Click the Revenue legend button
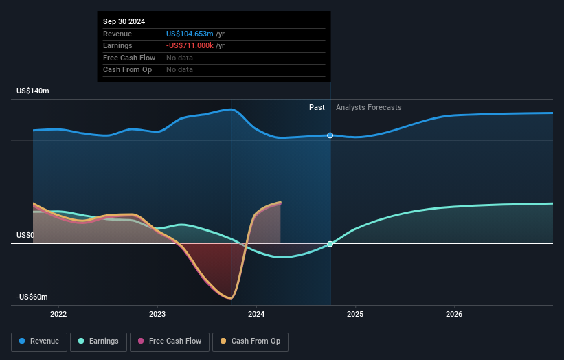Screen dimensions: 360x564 pyautogui.click(x=38, y=341)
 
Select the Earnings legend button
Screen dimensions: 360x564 pyautogui.click(x=97, y=341)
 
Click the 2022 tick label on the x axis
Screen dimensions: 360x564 pyautogui.click(x=58, y=315)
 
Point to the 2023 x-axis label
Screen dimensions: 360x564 pyautogui.click(x=157, y=315)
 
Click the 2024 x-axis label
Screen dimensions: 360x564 pyautogui.click(x=256, y=315)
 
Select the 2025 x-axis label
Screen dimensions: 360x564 pyautogui.click(x=355, y=315)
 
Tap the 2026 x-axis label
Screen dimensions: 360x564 pyautogui.click(x=454, y=315)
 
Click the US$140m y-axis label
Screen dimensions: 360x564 pyautogui.click(x=33, y=91)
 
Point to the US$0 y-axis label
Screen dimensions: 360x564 pyautogui.click(x=25, y=235)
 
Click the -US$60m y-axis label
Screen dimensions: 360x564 pyautogui.click(x=32, y=297)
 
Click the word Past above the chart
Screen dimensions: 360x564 pyautogui.click(x=317, y=107)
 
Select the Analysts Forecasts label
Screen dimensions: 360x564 pyautogui.click(x=368, y=107)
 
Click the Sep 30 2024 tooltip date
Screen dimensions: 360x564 pyautogui.click(x=126, y=22)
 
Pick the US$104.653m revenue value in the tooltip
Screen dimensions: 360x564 pyautogui.click(x=189, y=34)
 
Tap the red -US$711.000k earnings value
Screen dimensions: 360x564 pyautogui.click(x=190, y=45)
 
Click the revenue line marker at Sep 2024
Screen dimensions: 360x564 pyautogui.click(x=330, y=135)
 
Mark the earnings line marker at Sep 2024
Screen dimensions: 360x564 pyautogui.click(x=330, y=244)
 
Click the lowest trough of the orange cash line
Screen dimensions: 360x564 pyautogui.click(x=230, y=298)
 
